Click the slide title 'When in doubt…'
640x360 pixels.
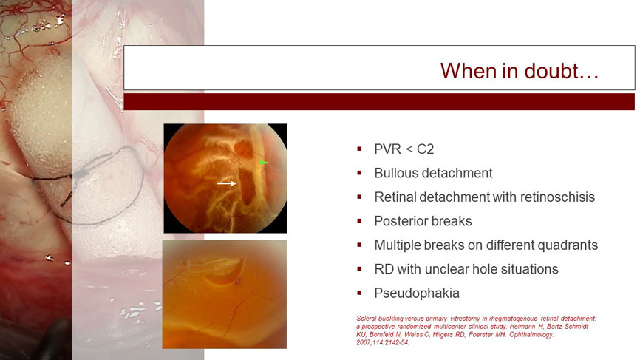pyautogui.click(x=520, y=71)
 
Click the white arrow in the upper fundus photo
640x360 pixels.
pyautogui.click(x=227, y=183)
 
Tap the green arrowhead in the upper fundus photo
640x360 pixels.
pyautogui.click(x=264, y=163)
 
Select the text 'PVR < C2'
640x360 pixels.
pyautogui.click(x=404, y=149)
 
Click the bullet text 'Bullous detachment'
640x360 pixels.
pyautogui.click(x=434, y=173)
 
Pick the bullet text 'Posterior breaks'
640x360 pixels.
pyautogui.click(x=423, y=221)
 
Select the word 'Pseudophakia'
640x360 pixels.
pyautogui.click(x=417, y=293)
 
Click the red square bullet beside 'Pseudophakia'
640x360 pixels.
pyautogui.click(x=359, y=293)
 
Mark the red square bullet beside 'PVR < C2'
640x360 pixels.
pyautogui.click(x=359, y=149)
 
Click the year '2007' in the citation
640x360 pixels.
pyautogui.click(x=363, y=343)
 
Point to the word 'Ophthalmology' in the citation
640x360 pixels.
pyautogui.click(x=535, y=335)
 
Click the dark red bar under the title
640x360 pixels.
pyautogui.click(x=379, y=101)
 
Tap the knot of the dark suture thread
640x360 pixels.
pyautogui.click(x=80, y=174)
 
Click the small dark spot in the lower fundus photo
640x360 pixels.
pyautogui.click(x=237, y=280)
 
